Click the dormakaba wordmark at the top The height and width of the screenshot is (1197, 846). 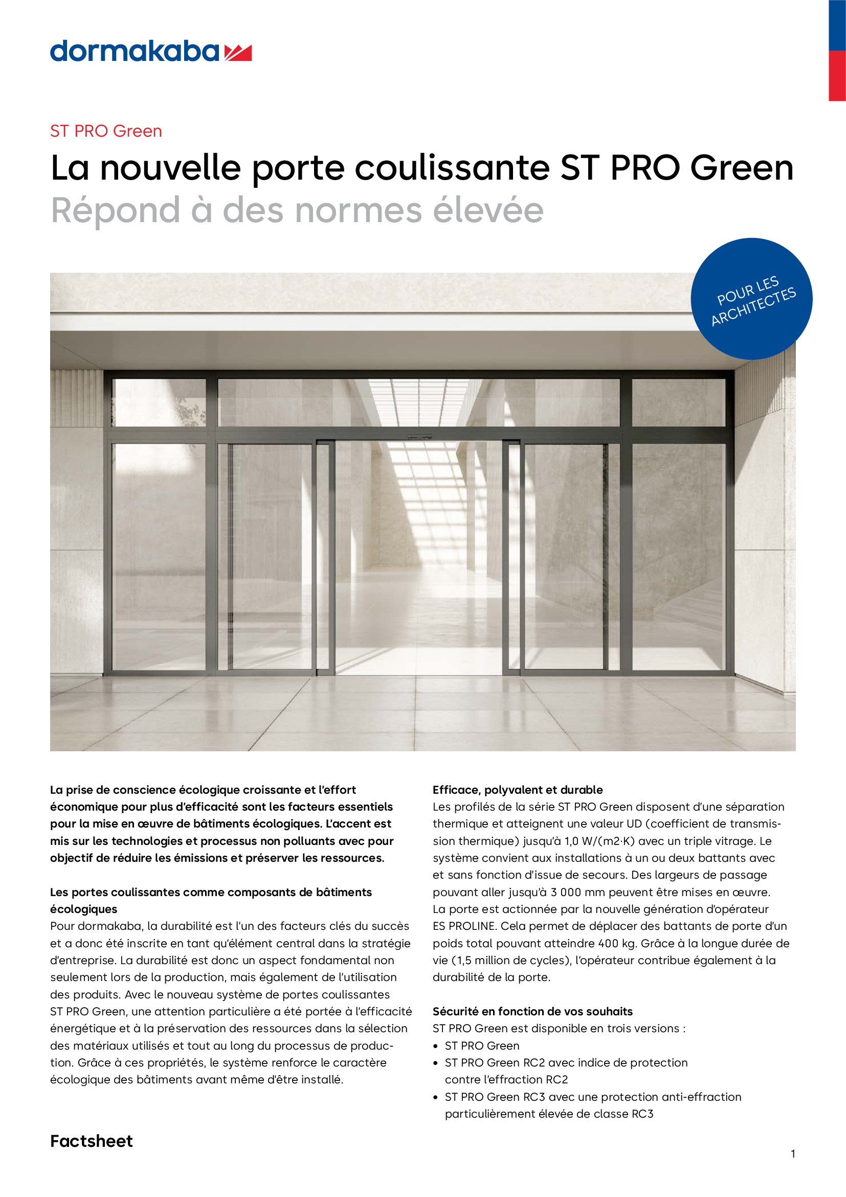pos(135,51)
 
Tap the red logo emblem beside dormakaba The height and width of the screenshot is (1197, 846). pos(238,53)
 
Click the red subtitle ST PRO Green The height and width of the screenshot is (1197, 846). pos(106,131)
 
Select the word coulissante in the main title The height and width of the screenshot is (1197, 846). pos(452,168)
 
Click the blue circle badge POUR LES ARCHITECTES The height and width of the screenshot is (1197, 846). pos(751,299)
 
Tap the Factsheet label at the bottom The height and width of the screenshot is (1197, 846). pos(91,1141)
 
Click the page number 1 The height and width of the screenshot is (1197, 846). pos(792,1154)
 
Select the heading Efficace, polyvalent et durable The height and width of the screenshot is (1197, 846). pos(517,789)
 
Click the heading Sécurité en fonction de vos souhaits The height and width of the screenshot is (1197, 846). pos(532,1011)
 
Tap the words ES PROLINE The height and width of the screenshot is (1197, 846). pos(463,926)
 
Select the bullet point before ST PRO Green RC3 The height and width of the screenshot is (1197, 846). pos(435,1097)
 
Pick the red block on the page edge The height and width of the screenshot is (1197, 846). pos(837,76)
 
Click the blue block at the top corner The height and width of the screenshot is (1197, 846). pos(837,25)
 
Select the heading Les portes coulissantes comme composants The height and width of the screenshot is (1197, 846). pos(210,892)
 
